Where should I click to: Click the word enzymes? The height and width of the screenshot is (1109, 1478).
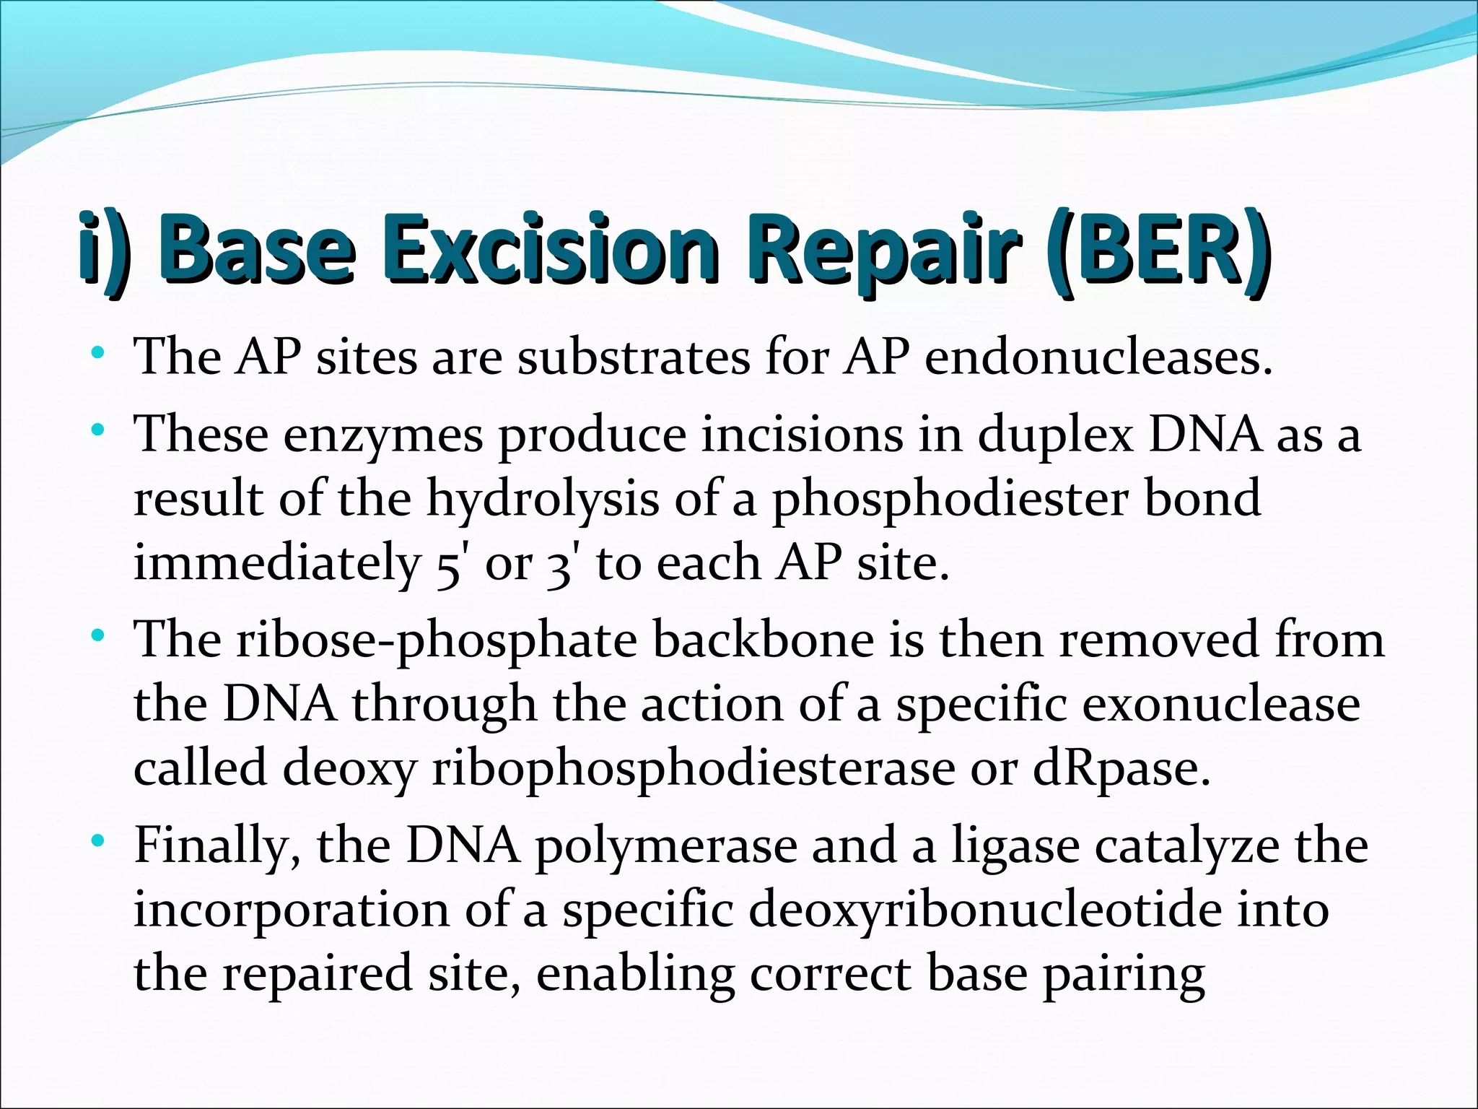tap(382, 437)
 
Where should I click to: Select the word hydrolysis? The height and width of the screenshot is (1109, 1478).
tap(542, 499)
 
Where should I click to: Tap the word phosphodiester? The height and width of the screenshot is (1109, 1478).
tap(950, 500)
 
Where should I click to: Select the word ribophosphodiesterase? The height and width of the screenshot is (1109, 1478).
tap(693, 768)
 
